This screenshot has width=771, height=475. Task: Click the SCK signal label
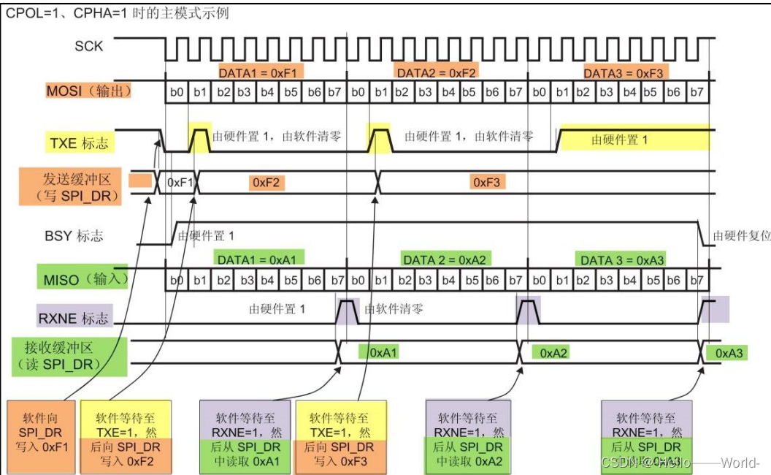click(x=89, y=46)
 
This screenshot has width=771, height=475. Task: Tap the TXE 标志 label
click(x=78, y=142)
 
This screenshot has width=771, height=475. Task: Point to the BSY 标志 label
click(x=74, y=235)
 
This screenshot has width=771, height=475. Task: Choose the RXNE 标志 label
click(x=73, y=318)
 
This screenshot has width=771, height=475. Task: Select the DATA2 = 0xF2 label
click(x=437, y=72)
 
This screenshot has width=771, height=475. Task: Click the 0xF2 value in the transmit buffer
click(x=266, y=182)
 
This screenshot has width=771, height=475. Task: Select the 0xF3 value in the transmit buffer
click(x=486, y=182)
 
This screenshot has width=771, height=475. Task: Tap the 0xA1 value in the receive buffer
click(x=383, y=352)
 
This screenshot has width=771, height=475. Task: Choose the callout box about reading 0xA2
click(x=467, y=436)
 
